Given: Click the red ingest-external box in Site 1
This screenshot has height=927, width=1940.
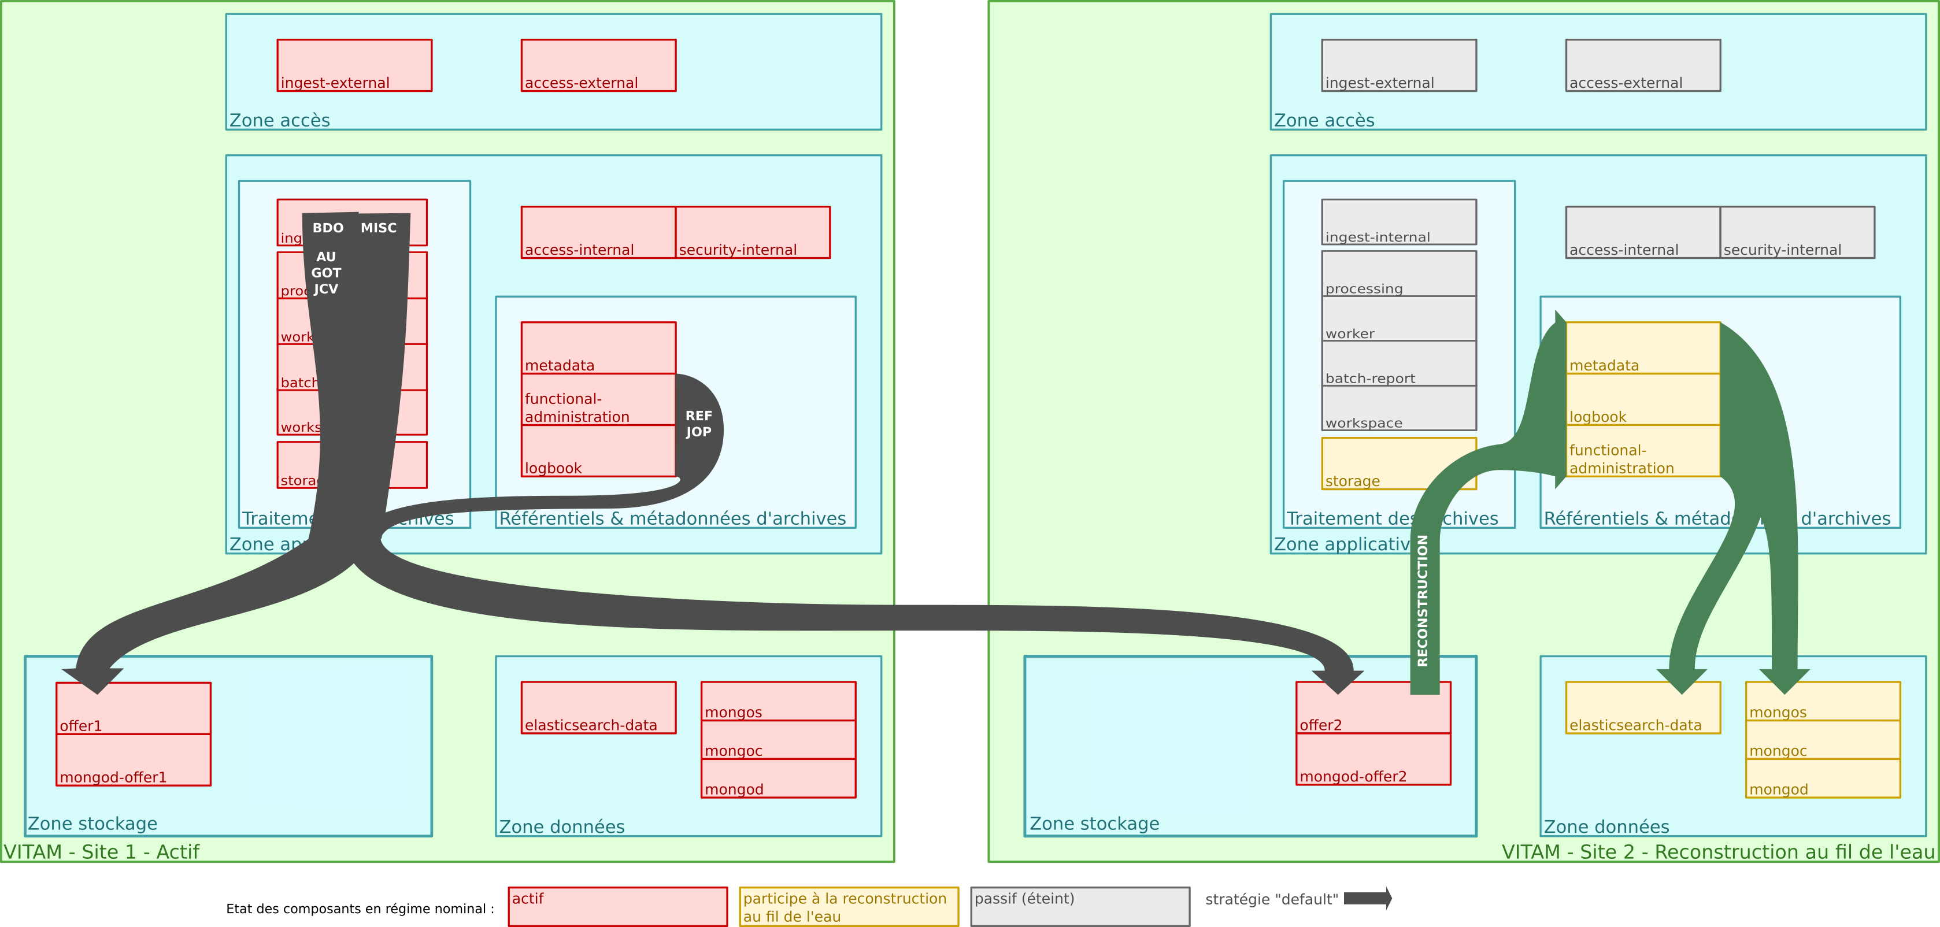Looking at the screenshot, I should pyautogui.click(x=354, y=65).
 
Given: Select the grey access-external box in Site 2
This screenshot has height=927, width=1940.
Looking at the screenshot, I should pyautogui.click(x=1642, y=65).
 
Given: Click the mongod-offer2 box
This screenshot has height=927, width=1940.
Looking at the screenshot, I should pyautogui.click(x=1373, y=759).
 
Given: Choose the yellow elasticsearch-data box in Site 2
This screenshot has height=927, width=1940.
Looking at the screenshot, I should pyautogui.click(x=1642, y=708).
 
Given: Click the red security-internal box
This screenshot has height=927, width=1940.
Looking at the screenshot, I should pyautogui.click(x=752, y=233).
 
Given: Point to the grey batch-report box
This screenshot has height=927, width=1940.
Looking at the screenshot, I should pyautogui.click(x=1398, y=364).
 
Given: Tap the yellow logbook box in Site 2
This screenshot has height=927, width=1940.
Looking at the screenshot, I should pyautogui.click(x=1642, y=400).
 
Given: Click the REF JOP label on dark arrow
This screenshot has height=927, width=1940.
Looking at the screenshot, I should pyautogui.click(x=698, y=424).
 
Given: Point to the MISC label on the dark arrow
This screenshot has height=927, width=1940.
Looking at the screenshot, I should pyautogui.click(x=378, y=228).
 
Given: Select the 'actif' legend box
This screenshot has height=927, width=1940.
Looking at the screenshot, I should pyautogui.click(x=617, y=907).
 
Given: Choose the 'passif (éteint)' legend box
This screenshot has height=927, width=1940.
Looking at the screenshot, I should pyautogui.click(x=1080, y=907).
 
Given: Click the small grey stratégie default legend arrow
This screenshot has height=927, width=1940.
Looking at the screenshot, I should pyautogui.click(x=1368, y=898).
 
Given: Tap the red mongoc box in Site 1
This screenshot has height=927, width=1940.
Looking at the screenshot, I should pyautogui.click(x=778, y=740).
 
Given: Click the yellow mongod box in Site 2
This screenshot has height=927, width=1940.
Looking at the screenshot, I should pyautogui.click(x=1823, y=778).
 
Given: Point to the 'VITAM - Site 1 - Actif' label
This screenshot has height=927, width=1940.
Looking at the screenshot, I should pyautogui.click(x=102, y=852).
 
